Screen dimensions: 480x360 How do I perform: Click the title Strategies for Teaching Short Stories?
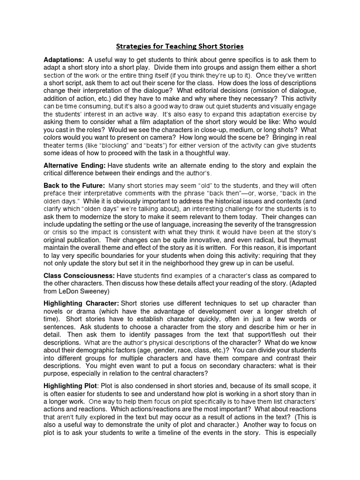pyautogui.click(x=180, y=46)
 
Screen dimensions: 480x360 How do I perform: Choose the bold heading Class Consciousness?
pyautogui.click(x=79, y=276)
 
